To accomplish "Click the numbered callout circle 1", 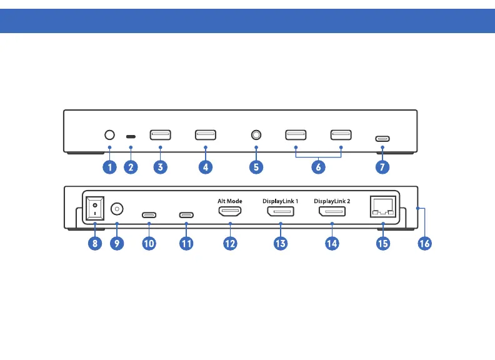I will pyautogui.click(x=109, y=167).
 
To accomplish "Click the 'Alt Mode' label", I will pyautogui.click(x=229, y=201).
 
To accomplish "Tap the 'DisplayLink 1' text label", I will pyautogui.click(x=281, y=201).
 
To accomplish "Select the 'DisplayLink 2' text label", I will pyautogui.click(x=332, y=201).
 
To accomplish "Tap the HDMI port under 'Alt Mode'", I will pyautogui.click(x=230, y=213).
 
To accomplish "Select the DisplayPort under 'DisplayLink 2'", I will pyautogui.click(x=332, y=213).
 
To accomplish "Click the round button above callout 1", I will pyautogui.click(x=109, y=134).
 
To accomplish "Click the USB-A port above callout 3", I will pyautogui.click(x=161, y=134).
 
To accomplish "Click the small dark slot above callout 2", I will pyautogui.click(x=131, y=136).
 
